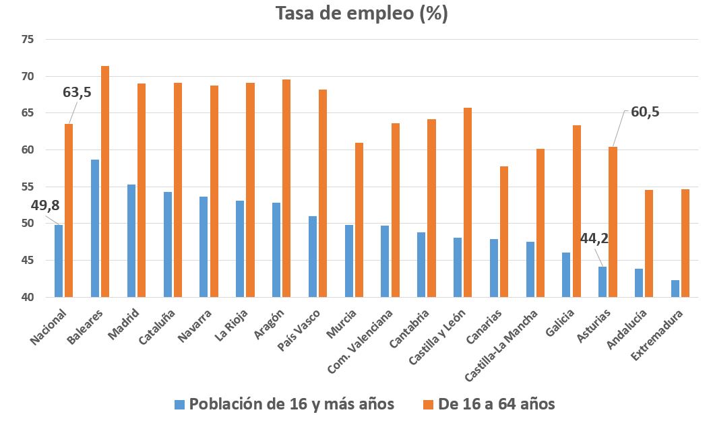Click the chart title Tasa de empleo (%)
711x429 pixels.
(361, 14)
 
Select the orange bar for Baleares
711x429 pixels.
(105, 182)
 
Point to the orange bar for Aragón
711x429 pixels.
(286, 189)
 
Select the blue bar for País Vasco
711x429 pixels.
(313, 257)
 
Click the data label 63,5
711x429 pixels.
(77, 93)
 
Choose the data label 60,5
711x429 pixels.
(645, 112)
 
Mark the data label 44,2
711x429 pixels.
(594, 238)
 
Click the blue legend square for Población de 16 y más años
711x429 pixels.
(179, 405)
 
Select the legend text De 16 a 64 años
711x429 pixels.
(497, 404)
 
